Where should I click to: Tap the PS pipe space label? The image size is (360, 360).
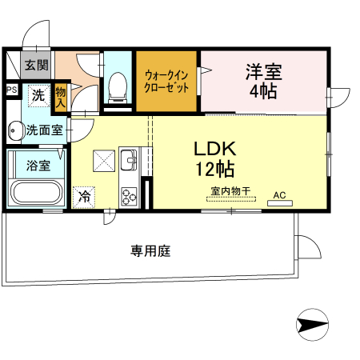click(11, 90)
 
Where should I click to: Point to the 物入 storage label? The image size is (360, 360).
click(61, 97)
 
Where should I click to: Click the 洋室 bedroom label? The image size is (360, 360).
click(263, 71)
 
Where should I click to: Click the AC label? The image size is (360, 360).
click(279, 194)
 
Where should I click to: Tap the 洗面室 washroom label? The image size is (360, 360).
click(44, 129)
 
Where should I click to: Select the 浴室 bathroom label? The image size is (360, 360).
click(38, 166)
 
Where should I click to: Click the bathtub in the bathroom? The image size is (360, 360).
click(36, 194)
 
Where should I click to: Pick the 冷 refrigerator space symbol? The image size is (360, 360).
click(84, 195)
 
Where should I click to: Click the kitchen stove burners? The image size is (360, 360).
click(129, 194)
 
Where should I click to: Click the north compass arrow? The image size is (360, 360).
click(312, 326)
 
